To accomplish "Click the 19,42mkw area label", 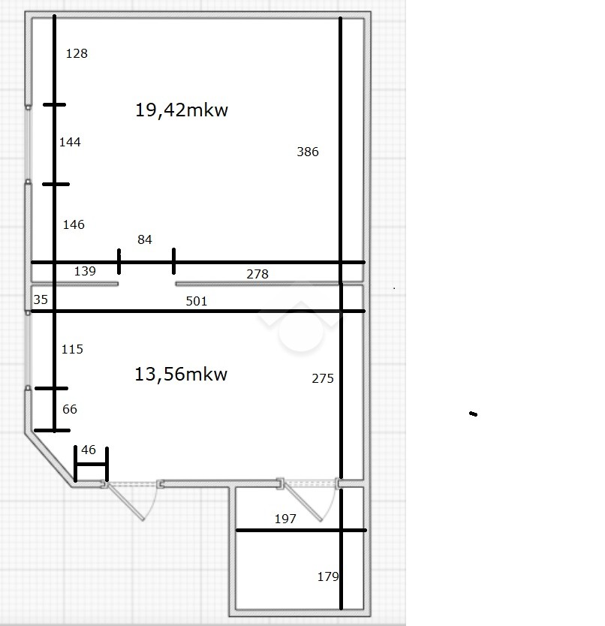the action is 182,110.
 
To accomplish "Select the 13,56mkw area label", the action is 181,375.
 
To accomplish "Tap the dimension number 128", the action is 77,53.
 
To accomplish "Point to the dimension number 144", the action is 70,142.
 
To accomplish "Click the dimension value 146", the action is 74,224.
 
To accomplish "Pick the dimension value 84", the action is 145,239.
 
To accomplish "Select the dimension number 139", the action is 85,272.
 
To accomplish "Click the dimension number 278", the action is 257,274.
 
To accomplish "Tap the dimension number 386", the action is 308,152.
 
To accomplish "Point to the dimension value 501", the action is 197,301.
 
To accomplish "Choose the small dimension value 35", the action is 41,299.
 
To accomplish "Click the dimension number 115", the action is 72,349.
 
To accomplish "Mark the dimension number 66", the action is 70,409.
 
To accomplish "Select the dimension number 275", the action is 323,378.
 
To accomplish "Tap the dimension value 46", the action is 89,450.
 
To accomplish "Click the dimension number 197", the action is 285,519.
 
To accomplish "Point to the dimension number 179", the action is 328,577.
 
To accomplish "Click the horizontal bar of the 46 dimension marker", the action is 92,465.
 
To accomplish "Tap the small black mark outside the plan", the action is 473,414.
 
